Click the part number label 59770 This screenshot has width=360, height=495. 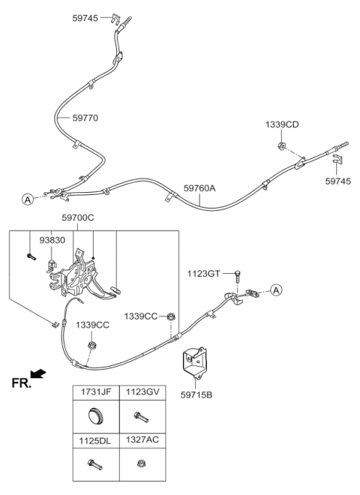coord(85,118)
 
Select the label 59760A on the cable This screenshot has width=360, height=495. coord(199,188)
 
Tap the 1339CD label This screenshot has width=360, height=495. coord(282,124)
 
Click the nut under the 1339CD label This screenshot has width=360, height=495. coord(281,145)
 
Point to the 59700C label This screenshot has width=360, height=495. coord(78,217)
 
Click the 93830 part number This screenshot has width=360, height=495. coord(52,240)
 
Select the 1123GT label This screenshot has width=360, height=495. coord(203,274)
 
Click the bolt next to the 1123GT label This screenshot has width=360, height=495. coord(237,277)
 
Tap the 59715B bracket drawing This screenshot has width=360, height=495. coord(194,362)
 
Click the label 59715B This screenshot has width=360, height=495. coord(196,394)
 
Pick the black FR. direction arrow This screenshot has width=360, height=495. coord(38,373)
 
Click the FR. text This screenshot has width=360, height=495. coord(22,383)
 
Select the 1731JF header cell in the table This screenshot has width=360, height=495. coord(96,392)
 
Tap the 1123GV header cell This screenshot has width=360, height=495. coord(142,392)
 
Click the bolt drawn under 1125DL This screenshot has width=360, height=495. coord(94,464)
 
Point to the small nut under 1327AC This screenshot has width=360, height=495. coord(140,463)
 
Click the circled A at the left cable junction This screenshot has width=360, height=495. coord(28,199)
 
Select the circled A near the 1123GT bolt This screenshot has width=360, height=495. coord(277,289)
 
